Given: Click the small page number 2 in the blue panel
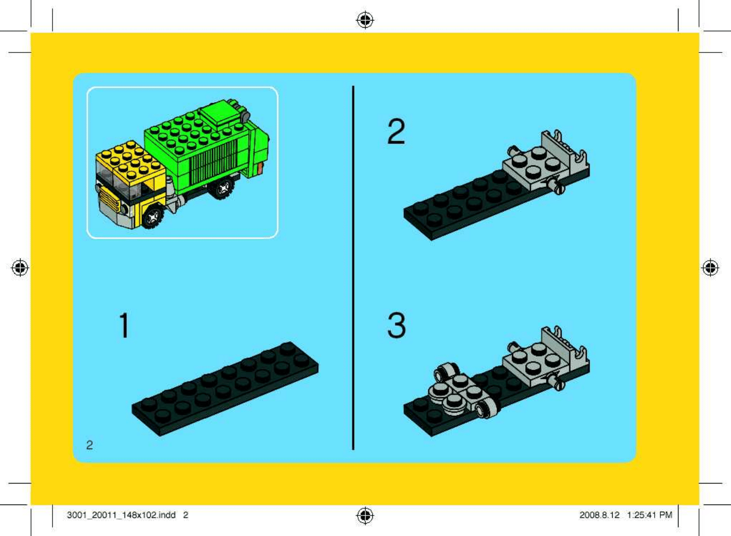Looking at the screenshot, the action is click(x=89, y=445).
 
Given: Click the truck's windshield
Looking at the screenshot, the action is click(x=113, y=181).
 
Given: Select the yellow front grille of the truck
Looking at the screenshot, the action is click(x=108, y=199).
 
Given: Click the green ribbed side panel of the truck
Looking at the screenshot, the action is click(x=211, y=166).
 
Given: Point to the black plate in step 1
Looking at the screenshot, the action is click(x=225, y=389).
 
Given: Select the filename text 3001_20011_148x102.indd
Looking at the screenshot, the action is click(x=121, y=515).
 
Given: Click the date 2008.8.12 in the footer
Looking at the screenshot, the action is click(x=599, y=515).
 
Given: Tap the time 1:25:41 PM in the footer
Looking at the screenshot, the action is click(x=649, y=515).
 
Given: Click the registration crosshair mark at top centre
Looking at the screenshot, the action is click(x=365, y=20).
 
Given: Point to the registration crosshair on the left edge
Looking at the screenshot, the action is click(x=20, y=268).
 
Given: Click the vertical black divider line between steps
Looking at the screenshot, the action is click(x=353, y=268).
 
